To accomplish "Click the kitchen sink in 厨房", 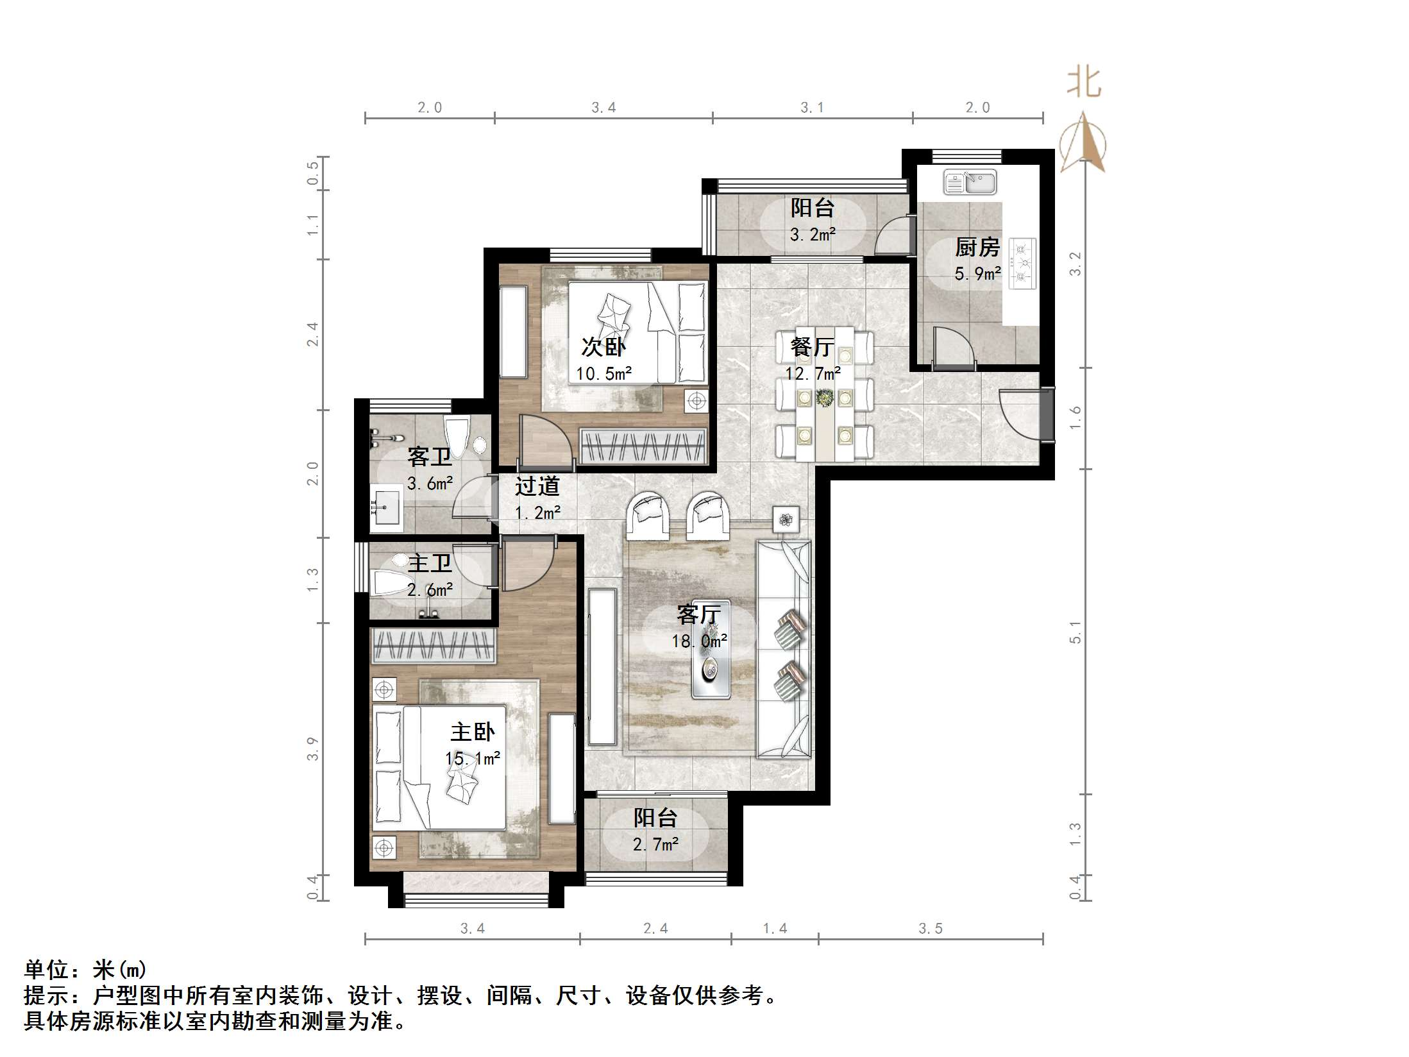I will [x=969, y=182].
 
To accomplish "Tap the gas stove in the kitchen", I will [x=1022, y=262].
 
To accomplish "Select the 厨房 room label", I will [x=977, y=247].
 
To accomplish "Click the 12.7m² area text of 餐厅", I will [x=813, y=373].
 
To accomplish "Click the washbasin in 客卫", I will [x=387, y=509].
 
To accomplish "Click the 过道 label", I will [x=537, y=486].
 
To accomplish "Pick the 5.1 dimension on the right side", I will [x=1075, y=632].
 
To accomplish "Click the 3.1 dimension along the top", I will [x=812, y=108].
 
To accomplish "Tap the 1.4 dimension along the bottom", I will [x=775, y=929].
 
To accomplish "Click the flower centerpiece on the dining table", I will [x=825, y=398].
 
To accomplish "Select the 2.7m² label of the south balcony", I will [x=655, y=845].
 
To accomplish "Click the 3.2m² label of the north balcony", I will [x=813, y=235].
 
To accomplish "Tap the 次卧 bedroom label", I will [x=603, y=347].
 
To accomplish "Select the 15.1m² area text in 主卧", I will [x=473, y=759].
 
